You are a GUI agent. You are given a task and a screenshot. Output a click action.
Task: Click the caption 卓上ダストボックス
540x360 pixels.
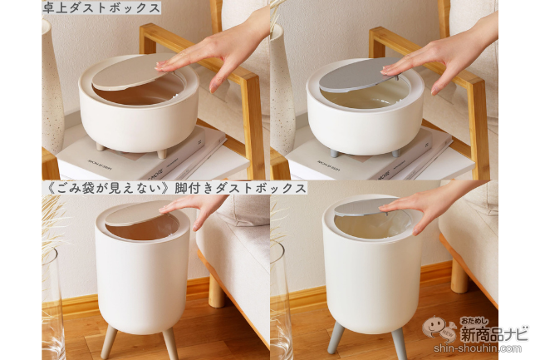click(x=101, y=7)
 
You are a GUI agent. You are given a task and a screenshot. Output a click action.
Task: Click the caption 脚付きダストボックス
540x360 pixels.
click(x=240, y=188)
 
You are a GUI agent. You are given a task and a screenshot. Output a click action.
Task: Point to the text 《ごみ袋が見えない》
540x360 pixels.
click(x=108, y=188)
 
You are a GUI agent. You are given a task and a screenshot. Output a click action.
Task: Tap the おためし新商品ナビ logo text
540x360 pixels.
click(x=494, y=330)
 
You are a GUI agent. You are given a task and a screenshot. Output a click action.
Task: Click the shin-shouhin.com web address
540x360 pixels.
click(x=478, y=348)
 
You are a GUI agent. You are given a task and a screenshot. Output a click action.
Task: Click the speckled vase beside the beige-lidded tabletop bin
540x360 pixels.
click(x=52, y=86)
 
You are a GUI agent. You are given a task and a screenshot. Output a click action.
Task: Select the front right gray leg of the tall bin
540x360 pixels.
click(x=399, y=343)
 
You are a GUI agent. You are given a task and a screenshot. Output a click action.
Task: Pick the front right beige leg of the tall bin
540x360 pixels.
click(x=170, y=343)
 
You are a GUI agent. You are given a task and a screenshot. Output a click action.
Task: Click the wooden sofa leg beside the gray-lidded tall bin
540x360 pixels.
click(x=459, y=275)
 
